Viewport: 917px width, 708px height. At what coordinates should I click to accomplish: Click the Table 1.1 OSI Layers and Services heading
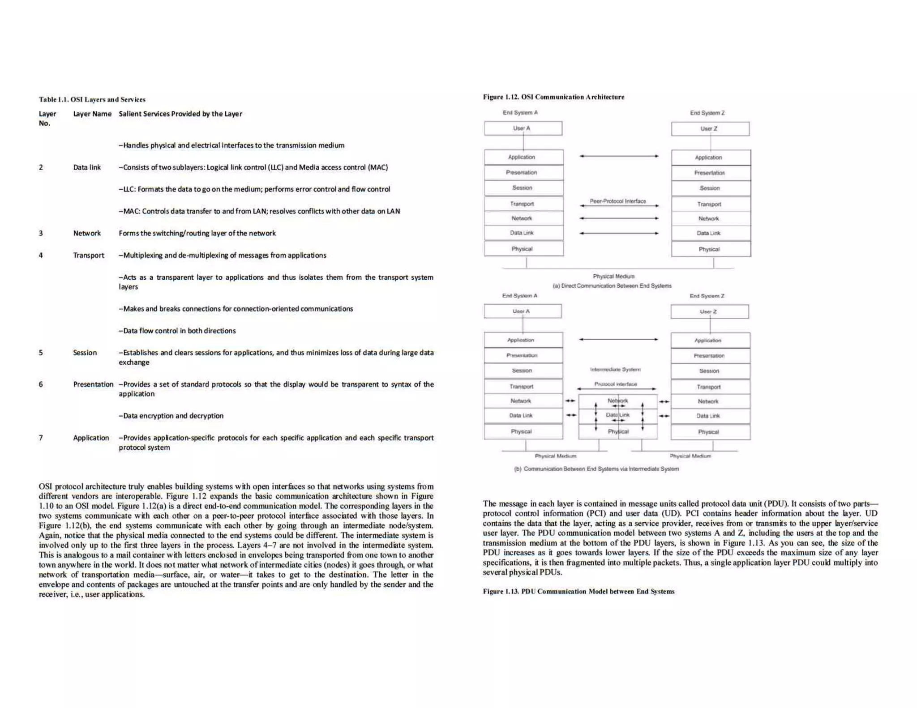[92, 99]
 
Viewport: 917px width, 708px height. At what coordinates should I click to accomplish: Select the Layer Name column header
[92, 114]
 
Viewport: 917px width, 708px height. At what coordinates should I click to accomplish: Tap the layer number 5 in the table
[41, 353]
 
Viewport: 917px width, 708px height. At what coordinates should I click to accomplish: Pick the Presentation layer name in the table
[93, 384]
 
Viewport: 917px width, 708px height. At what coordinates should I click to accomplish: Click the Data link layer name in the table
[87, 167]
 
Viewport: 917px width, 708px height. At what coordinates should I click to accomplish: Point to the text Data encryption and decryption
[171, 416]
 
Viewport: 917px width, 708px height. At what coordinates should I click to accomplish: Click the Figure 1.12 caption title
[553, 97]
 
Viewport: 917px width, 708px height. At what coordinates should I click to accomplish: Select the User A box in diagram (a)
[523, 128]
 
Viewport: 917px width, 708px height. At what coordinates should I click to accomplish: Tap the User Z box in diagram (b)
[709, 311]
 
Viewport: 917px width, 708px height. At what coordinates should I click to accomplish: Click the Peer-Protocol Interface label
[617, 201]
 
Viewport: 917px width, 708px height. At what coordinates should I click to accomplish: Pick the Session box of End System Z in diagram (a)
[711, 188]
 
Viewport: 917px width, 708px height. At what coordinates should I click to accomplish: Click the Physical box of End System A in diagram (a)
[523, 249]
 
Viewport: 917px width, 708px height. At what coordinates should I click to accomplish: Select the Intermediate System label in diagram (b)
[615, 370]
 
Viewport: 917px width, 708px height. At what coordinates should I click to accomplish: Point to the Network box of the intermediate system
[618, 401]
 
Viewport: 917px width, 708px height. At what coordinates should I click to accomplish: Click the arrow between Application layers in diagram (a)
[619, 156]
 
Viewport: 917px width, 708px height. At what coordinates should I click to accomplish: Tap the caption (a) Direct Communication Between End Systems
[612, 286]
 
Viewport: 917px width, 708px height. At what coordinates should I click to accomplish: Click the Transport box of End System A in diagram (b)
[523, 386]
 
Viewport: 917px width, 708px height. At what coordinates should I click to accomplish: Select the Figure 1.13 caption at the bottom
[578, 591]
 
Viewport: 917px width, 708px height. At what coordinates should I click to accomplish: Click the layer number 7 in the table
[41, 438]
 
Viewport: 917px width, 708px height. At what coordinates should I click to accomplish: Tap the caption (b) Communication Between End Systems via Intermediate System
[596, 469]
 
